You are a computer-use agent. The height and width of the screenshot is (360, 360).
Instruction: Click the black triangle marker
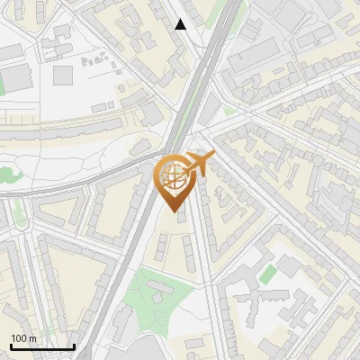click(180, 24)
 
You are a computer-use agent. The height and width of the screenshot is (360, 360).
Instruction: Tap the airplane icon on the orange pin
click(201, 163)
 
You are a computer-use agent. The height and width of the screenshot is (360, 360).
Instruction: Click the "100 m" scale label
click(23, 338)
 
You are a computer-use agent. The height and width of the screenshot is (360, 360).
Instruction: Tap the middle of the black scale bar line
click(42, 346)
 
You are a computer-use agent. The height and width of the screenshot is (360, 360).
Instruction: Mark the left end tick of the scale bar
click(11, 346)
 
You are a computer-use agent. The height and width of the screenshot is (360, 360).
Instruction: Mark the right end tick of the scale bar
click(74, 346)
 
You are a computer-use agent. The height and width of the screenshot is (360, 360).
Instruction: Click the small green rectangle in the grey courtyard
click(268, 273)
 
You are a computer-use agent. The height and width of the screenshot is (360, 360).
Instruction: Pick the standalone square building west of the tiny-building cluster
click(62, 75)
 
